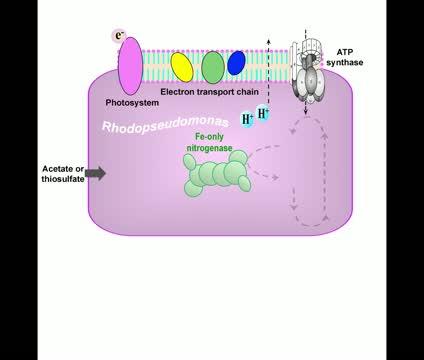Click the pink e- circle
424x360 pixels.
pos(120,37)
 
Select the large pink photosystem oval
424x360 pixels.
pos(130,65)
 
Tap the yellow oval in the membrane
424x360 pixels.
pos(182,66)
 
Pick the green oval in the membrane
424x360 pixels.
pos(213,67)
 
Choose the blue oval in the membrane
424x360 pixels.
pos(236,63)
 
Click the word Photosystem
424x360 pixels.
pos(132,102)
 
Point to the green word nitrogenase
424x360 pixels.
pos(209,147)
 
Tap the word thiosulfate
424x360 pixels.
pos(63,178)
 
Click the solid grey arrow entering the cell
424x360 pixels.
pos(95,173)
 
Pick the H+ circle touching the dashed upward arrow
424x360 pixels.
pos(263,113)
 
